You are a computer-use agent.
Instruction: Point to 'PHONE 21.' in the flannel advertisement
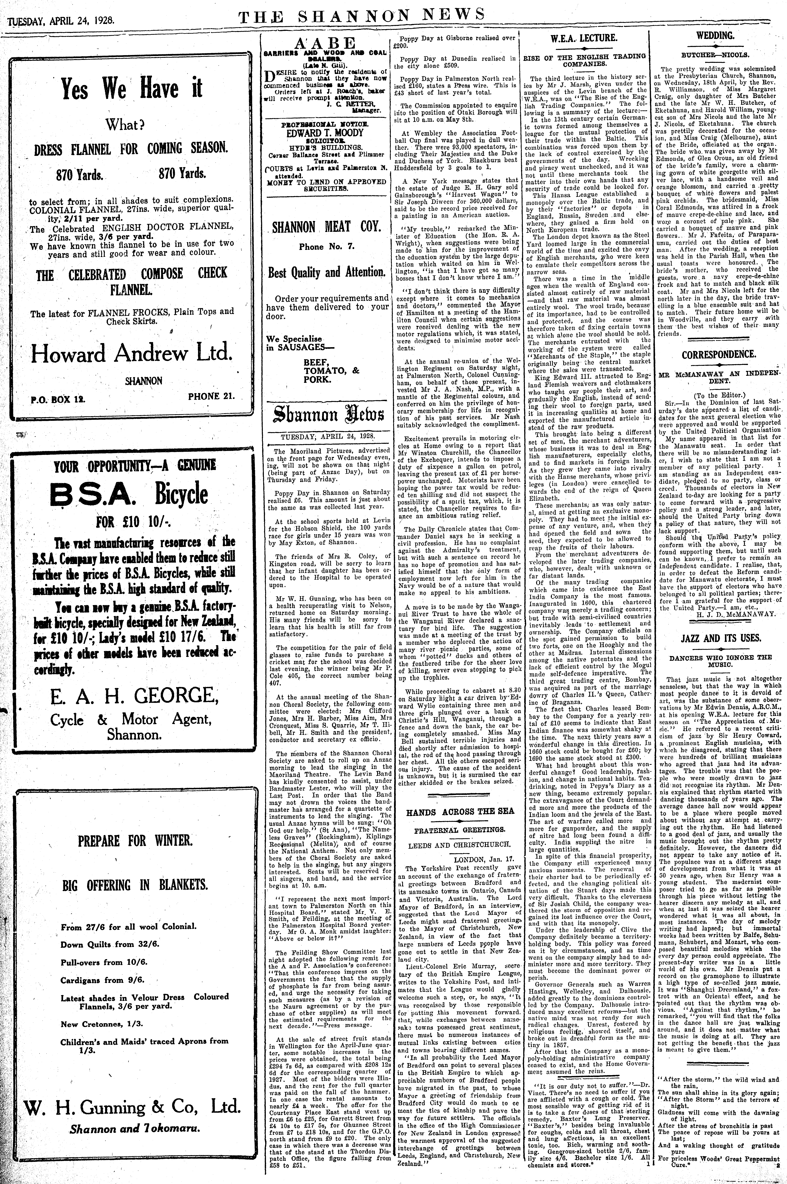coord(211,395)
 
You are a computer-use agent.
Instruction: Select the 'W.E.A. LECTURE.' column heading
coord(584,38)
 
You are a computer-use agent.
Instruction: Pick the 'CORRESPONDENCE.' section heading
coord(719,354)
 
